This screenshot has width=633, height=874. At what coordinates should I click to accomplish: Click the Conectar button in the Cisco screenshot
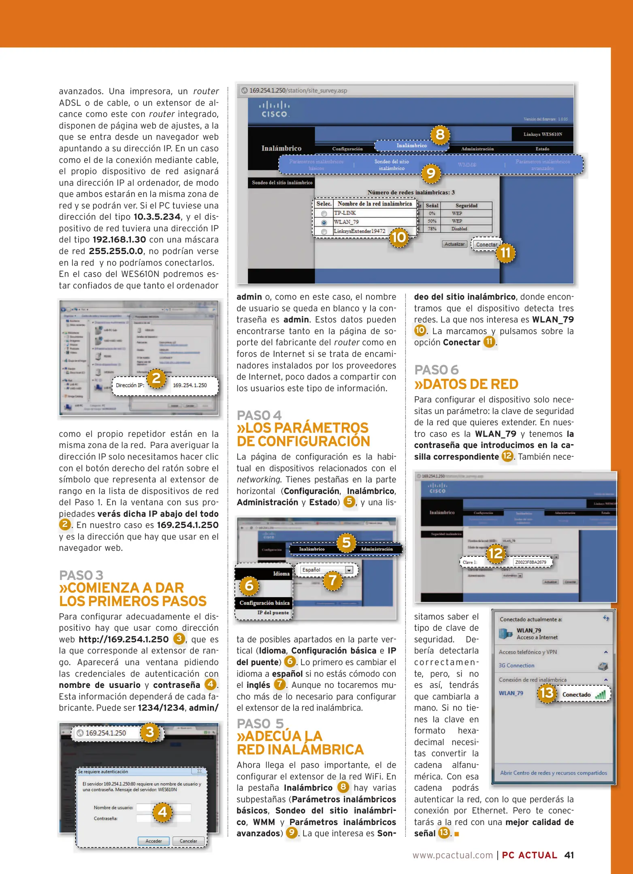tap(486, 244)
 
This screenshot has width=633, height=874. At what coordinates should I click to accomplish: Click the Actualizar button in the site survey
tap(454, 244)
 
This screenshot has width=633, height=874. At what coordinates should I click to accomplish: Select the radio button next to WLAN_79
tap(324, 223)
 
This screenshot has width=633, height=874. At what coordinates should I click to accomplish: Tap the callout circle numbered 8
tap(440, 134)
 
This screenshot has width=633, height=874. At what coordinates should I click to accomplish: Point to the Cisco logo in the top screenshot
tap(274, 109)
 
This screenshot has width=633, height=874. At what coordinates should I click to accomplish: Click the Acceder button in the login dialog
tap(153, 841)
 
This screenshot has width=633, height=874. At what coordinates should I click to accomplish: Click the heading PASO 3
tap(81, 575)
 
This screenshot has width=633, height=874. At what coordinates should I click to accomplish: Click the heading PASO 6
tap(436, 369)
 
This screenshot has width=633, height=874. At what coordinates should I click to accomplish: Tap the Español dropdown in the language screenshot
tap(326, 570)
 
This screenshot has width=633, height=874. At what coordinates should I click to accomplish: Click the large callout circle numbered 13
tap(547, 693)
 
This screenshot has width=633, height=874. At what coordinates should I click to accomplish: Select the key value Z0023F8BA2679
tap(531, 562)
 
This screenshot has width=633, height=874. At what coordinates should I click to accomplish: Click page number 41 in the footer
tap(569, 855)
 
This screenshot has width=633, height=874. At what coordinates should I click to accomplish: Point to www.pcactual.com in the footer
tap(452, 855)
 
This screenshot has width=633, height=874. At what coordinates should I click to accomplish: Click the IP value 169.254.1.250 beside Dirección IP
tap(190, 385)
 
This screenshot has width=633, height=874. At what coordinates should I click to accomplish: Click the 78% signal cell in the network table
tap(432, 229)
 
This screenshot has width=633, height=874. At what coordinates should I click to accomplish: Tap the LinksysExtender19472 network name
tap(359, 231)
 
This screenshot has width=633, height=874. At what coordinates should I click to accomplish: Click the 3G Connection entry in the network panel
tap(516, 665)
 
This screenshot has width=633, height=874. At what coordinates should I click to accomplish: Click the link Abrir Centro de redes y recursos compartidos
tap(553, 773)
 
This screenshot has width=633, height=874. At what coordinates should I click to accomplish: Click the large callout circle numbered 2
tap(156, 378)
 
